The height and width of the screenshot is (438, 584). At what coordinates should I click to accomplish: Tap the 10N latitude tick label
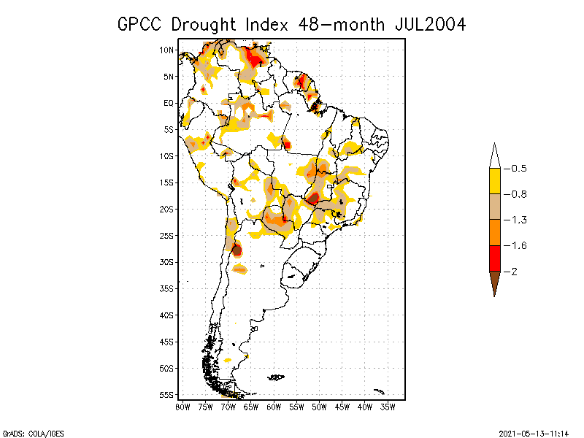point(167,50)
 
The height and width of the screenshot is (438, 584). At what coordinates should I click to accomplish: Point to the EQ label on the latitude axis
point(169,104)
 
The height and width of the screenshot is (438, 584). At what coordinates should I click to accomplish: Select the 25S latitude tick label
point(167,236)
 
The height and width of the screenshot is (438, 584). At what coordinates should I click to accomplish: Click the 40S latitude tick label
point(167,315)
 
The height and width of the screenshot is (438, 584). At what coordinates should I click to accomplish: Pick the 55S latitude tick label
point(167,395)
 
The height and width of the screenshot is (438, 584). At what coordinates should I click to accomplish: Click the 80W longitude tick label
point(182,407)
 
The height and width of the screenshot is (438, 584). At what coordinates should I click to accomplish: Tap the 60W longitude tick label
point(274,407)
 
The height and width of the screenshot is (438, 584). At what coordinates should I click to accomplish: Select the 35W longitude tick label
point(388,407)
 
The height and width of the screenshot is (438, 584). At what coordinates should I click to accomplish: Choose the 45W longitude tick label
point(342,407)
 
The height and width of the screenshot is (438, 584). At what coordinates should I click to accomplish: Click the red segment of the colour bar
point(494,258)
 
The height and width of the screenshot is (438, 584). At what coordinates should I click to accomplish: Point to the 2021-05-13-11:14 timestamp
point(533,432)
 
